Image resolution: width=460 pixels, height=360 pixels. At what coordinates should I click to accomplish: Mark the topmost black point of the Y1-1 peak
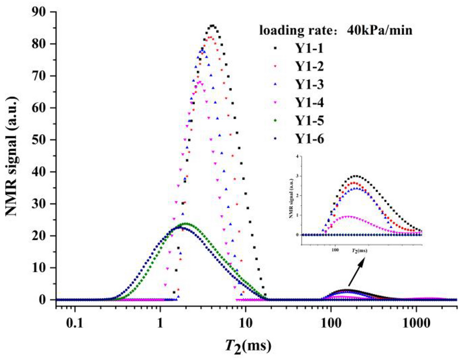(x=212, y=26)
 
